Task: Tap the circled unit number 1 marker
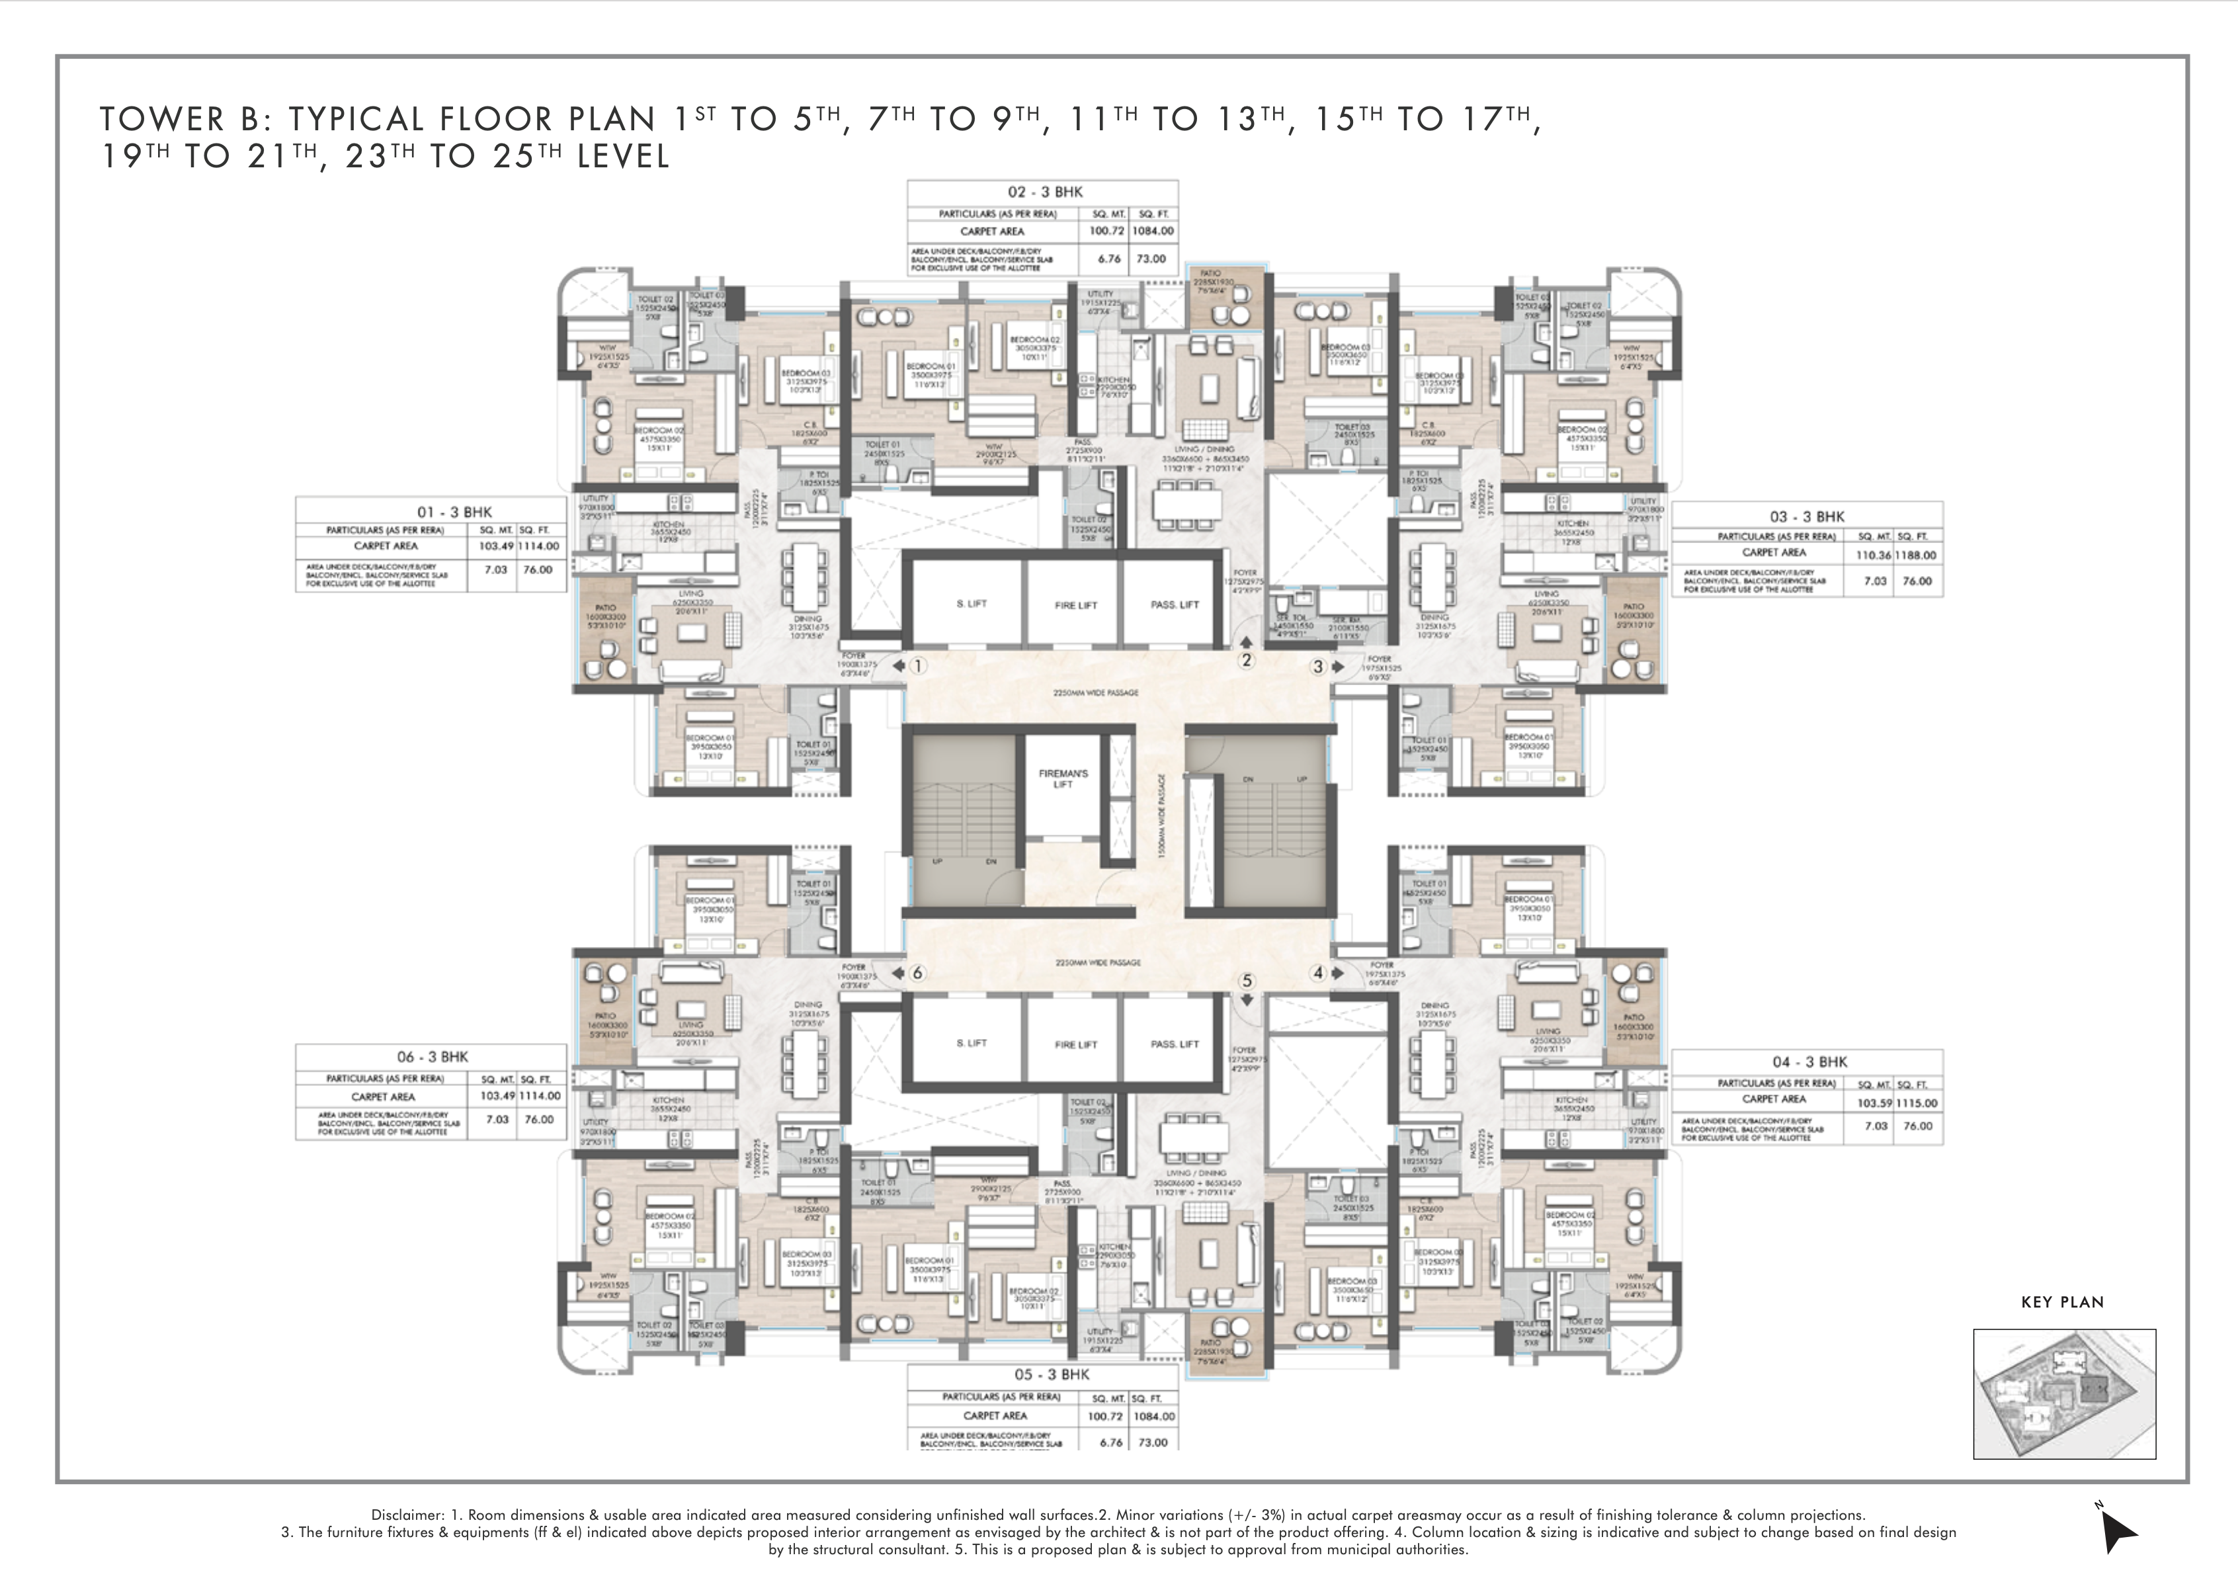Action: click(917, 667)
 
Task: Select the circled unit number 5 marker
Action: click(1247, 981)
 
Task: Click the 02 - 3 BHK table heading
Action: click(1045, 192)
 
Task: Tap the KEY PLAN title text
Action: click(2063, 1302)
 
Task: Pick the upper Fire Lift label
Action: click(1075, 605)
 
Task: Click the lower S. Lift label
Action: click(972, 1043)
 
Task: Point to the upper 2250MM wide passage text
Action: click(1096, 693)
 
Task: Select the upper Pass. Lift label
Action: click(1174, 604)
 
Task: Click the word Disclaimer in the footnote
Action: click(407, 1515)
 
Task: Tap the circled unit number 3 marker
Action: click(1318, 667)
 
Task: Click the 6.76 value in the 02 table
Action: click(1109, 259)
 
